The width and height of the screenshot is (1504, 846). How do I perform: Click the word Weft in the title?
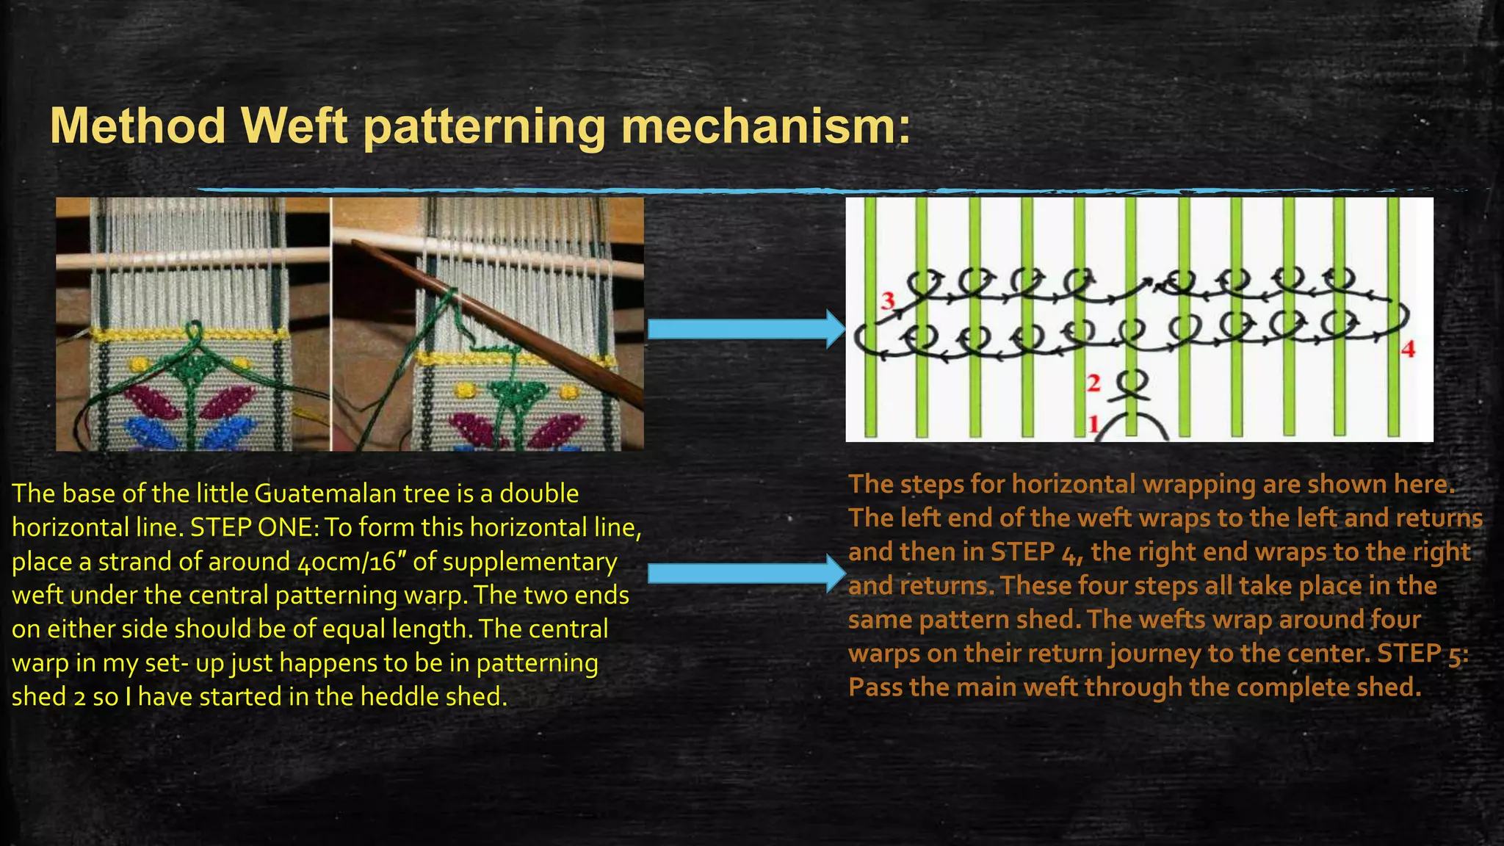click(294, 126)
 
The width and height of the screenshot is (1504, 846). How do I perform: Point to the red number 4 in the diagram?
click(1408, 350)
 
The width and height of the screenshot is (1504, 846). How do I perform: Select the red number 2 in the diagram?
click(1093, 383)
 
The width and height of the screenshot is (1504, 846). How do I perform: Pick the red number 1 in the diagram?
click(1093, 424)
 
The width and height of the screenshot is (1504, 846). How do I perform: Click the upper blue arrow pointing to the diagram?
click(745, 328)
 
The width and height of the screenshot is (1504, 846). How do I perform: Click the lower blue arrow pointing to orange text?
click(745, 573)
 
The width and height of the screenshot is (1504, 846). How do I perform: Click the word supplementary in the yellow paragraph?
click(529, 562)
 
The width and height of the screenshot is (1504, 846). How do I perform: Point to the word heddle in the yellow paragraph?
click(399, 697)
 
